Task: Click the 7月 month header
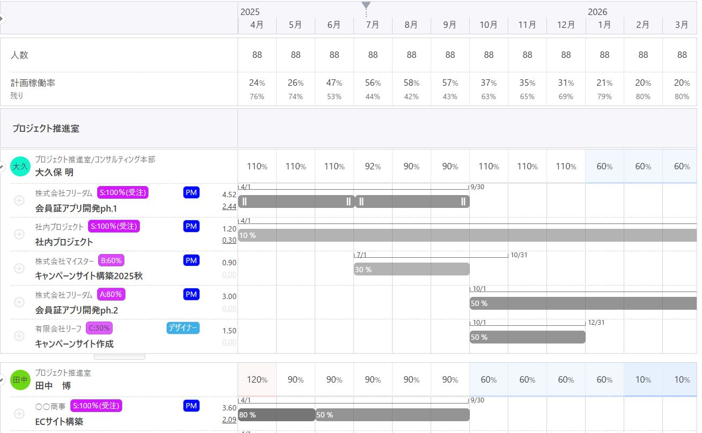tap(373, 25)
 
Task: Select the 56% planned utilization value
tap(373, 83)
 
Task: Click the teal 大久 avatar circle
tap(20, 167)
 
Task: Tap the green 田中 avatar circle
tap(20, 380)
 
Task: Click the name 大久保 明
tap(54, 173)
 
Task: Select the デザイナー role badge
tap(183, 328)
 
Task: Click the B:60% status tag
tap(110, 260)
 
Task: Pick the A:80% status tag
tap(112, 294)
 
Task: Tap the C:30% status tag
tap(99, 328)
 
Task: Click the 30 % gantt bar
tap(411, 269)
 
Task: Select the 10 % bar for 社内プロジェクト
tap(467, 235)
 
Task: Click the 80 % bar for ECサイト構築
tap(276, 415)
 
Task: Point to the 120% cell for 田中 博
tap(257, 380)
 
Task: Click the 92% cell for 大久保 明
tap(373, 167)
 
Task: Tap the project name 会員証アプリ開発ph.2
tap(77, 310)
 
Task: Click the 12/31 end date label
tap(596, 323)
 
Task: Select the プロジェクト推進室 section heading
tap(46, 129)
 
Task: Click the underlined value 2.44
tap(229, 206)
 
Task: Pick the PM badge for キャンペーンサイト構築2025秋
tap(191, 260)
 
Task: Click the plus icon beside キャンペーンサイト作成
tap(19, 336)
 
